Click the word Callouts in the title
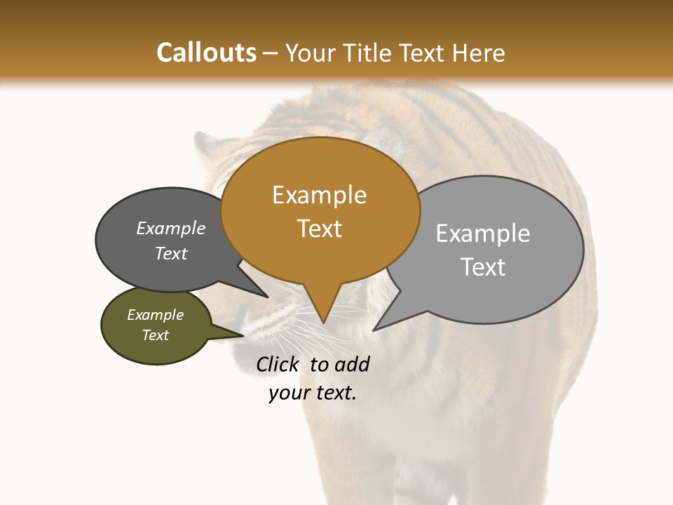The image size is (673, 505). [206, 53]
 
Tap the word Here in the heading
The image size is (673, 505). [479, 53]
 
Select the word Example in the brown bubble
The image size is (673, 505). [319, 195]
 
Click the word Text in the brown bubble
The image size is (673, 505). [319, 229]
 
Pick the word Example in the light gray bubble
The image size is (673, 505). [483, 233]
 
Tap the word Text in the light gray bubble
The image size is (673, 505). [483, 267]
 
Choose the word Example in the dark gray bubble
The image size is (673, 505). [170, 228]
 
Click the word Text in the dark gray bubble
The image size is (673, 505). [170, 253]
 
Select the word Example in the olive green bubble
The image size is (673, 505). [155, 315]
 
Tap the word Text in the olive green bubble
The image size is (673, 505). [155, 335]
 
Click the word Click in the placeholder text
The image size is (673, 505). [277, 364]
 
